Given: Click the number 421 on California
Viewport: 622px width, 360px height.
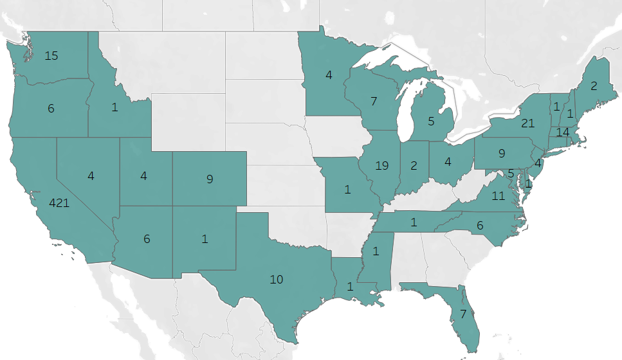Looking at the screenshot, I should tap(60, 203).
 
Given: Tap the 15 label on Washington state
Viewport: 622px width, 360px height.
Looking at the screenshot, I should tap(51, 56).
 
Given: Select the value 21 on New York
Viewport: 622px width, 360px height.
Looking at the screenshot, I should tap(527, 123).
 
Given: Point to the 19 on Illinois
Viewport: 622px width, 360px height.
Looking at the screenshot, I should tap(382, 165).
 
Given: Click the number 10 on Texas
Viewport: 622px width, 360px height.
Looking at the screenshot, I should tap(277, 280).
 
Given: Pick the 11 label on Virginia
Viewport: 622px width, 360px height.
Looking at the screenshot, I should tap(499, 196).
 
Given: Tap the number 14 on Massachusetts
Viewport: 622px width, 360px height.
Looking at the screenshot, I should tap(563, 132).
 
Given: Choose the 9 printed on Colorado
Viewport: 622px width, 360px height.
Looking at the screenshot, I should tap(210, 179).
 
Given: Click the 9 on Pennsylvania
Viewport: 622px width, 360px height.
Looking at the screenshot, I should tap(502, 154).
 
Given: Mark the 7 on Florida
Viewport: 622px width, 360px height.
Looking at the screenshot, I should tap(462, 314).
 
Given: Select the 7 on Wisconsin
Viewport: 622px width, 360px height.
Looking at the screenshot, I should tap(373, 101).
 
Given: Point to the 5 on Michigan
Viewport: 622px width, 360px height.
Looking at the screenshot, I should tap(432, 120).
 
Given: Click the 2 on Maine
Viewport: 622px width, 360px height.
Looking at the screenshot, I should tap(594, 86).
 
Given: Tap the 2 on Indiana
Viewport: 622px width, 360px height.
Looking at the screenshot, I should tap(414, 165).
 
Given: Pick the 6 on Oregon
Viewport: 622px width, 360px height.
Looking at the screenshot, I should tap(51, 109).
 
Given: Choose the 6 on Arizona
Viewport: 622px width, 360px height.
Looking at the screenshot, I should tap(147, 239).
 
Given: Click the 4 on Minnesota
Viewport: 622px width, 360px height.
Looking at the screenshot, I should tap(329, 75).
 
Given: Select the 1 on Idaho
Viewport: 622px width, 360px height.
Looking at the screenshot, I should tap(114, 107).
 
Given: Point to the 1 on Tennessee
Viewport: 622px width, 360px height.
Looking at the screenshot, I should tap(414, 222).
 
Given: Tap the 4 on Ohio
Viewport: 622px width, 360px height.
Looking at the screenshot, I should tap(448, 161).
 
